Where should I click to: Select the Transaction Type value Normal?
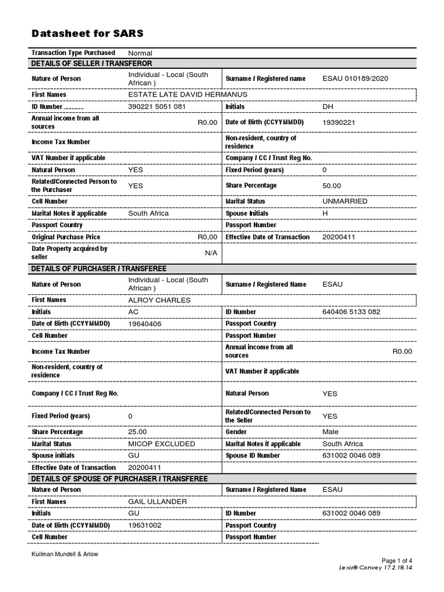pyautogui.click(x=140, y=53)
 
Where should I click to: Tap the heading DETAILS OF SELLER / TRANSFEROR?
pyautogui.click(x=92, y=64)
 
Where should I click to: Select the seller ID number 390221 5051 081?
pyautogui.click(x=157, y=107)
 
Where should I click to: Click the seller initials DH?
pyautogui.click(x=328, y=107)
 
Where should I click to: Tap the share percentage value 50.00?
pyautogui.click(x=332, y=186)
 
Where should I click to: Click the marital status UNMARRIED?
pyautogui.click(x=345, y=201)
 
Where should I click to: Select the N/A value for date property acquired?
pyautogui.click(x=211, y=253)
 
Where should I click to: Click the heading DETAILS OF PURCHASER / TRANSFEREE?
pyautogui.click(x=99, y=269)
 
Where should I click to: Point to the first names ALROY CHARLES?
pyautogui.click(x=159, y=301)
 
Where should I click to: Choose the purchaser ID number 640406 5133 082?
pyautogui.click(x=351, y=312)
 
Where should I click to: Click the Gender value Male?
pyautogui.click(x=331, y=432)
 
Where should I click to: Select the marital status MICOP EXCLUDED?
pyautogui.click(x=161, y=444)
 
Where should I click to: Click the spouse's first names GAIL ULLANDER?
pyautogui.click(x=157, y=502)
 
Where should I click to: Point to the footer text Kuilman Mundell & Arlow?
pyautogui.click(x=65, y=554)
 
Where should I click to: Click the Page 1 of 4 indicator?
pyautogui.click(x=397, y=561)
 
